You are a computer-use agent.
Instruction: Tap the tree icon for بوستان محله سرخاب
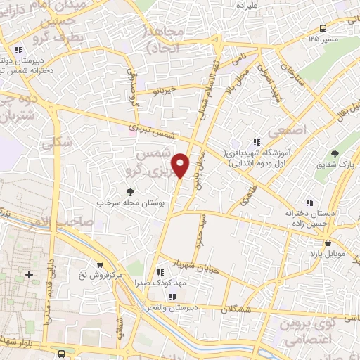click(129, 191)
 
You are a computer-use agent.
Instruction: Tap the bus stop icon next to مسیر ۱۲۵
click(323, 27)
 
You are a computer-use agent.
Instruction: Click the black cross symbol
click(29, 273)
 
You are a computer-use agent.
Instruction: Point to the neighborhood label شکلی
click(58, 143)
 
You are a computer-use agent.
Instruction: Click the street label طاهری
click(250, 189)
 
